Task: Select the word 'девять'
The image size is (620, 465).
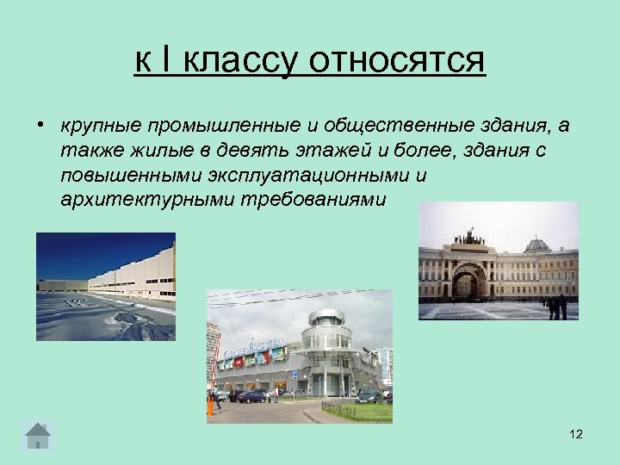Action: pyautogui.click(x=218, y=151)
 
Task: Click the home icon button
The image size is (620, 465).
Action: pyautogui.click(x=37, y=435)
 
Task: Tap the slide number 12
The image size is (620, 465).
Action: pyautogui.click(x=576, y=435)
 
